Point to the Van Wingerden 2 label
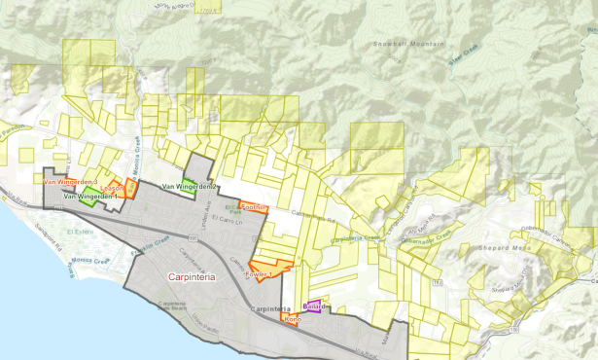pyautogui.click(x=190, y=186)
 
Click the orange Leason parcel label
pyautogui.click(x=112, y=187)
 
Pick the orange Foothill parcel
pyautogui.click(x=253, y=208)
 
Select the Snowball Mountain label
pyautogui.click(x=405, y=44)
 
